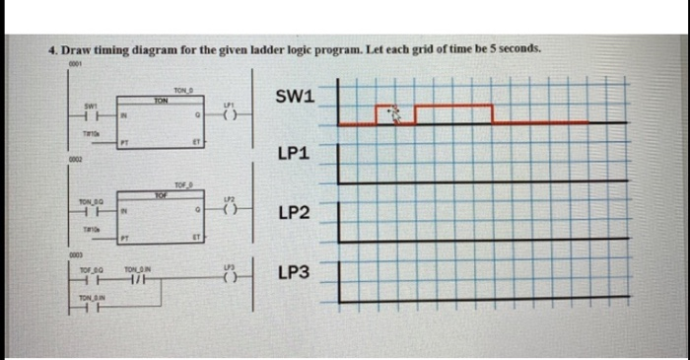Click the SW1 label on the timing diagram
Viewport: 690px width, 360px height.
[x=295, y=96]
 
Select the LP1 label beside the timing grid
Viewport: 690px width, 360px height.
[x=295, y=155]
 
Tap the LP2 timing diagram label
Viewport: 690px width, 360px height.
[x=295, y=213]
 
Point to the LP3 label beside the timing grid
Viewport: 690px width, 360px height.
[x=295, y=271]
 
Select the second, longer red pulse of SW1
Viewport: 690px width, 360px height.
[x=452, y=106]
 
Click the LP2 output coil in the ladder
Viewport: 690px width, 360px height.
[x=230, y=210]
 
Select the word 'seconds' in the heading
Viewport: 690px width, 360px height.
[x=516, y=48]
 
